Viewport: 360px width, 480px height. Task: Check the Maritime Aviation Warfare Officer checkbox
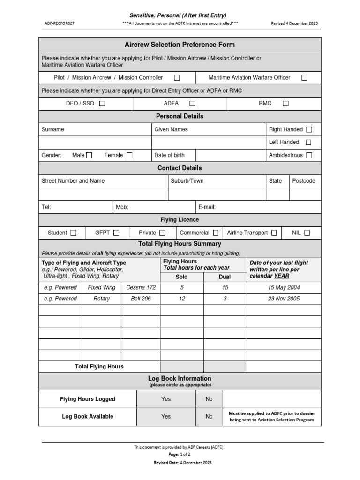pos(305,78)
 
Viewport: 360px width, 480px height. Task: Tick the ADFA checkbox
pos(192,104)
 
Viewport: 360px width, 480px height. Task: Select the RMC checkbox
pos(285,104)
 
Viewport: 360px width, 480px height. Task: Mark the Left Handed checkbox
pos(308,142)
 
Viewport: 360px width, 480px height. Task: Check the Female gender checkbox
pos(129,155)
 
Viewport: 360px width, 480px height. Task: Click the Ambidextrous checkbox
pos(309,155)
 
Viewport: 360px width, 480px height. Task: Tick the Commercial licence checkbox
pos(216,232)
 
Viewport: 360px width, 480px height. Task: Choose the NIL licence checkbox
pos(307,232)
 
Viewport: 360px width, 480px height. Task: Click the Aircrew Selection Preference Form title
pos(180,45)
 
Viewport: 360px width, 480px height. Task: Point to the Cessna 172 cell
pos(141,287)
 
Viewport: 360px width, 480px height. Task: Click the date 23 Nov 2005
pos(284,299)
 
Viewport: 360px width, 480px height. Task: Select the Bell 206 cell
pos(141,299)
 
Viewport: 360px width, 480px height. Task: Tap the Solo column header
pos(181,277)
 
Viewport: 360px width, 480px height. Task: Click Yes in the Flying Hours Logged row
pos(166,399)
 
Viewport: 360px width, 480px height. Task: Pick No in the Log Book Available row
pos(209,416)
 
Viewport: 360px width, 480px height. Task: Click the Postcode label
pos(304,181)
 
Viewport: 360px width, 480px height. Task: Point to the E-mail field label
pos(207,207)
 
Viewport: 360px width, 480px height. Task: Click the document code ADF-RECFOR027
pos(60,22)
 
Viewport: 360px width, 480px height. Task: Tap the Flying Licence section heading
pos(180,220)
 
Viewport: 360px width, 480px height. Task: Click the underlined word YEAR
pos(281,276)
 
